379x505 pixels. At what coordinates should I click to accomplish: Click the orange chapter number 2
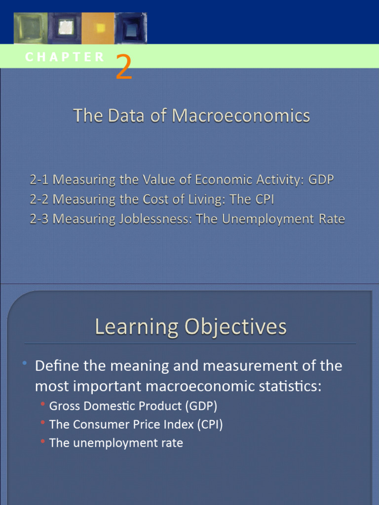click(x=124, y=68)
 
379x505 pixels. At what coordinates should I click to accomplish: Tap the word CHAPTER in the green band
click(x=65, y=57)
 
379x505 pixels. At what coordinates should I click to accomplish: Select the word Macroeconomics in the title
click(x=241, y=116)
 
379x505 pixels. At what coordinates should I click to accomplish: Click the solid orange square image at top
click(x=98, y=29)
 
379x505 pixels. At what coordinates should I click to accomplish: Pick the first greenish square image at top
click(x=31, y=29)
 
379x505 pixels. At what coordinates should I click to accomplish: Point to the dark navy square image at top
click(x=131, y=29)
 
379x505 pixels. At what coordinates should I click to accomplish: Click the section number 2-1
click(x=39, y=180)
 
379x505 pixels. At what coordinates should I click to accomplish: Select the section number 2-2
click(x=39, y=200)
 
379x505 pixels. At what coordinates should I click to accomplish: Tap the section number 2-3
click(x=39, y=219)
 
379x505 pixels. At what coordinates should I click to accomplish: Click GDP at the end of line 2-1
click(x=321, y=180)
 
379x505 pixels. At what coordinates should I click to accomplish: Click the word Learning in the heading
click(x=137, y=327)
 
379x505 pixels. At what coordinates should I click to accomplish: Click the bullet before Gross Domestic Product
click(x=43, y=405)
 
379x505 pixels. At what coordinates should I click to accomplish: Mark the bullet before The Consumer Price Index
click(x=43, y=423)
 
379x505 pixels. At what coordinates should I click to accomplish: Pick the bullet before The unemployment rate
click(x=43, y=441)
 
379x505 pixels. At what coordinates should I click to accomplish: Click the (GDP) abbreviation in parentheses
click(x=201, y=406)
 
